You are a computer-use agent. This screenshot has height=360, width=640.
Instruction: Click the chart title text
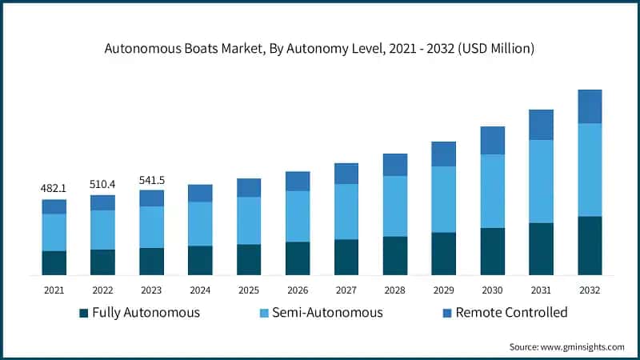click(x=319, y=50)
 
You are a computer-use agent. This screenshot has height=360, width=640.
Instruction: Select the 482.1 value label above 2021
click(x=54, y=188)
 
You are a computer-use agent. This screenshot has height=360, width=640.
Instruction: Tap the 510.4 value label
click(x=102, y=184)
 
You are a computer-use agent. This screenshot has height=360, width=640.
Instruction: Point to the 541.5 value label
click(x=151, y=180)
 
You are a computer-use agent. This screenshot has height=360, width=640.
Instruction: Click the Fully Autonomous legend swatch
click(x=83, y=312)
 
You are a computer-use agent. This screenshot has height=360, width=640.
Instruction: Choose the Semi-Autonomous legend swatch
click(x=265, y=312)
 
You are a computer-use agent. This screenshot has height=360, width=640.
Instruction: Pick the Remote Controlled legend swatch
click(x=447, y=312)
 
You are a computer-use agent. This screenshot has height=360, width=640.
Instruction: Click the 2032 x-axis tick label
click(x=590, y=289)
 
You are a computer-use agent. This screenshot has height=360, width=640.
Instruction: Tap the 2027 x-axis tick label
click(x=346, y=289)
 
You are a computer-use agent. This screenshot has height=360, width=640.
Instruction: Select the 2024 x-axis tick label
click(x=200, y=289)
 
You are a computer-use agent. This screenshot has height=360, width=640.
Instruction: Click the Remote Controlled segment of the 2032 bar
click(x=590, y=106)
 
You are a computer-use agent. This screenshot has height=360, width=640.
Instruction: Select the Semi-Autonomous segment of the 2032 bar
click(x=590, y=170)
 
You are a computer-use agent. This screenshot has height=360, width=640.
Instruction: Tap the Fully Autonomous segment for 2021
click(x=54, y=263)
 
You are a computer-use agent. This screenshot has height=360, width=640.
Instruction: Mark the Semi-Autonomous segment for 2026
click(x=298, y=216)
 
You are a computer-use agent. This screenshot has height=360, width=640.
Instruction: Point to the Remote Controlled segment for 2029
click(x=443, y=154)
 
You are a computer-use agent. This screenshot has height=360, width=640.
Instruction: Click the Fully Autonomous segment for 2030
click(x=492, y=251)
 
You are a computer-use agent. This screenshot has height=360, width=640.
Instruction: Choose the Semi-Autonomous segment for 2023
click(x=151, y=227)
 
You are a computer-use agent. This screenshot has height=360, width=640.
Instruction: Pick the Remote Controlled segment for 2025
click(x=249, y=187)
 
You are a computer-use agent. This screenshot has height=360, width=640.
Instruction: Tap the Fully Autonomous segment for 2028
click(x=394, y=256)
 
